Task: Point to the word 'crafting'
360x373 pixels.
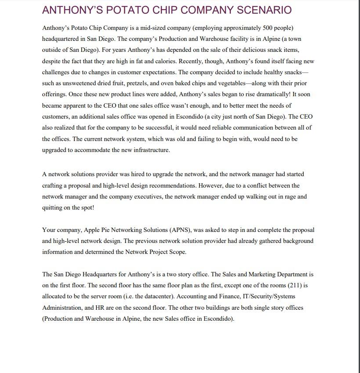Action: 52,185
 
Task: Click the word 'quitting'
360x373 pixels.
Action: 53,207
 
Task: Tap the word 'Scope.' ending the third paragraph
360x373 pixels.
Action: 178,252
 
